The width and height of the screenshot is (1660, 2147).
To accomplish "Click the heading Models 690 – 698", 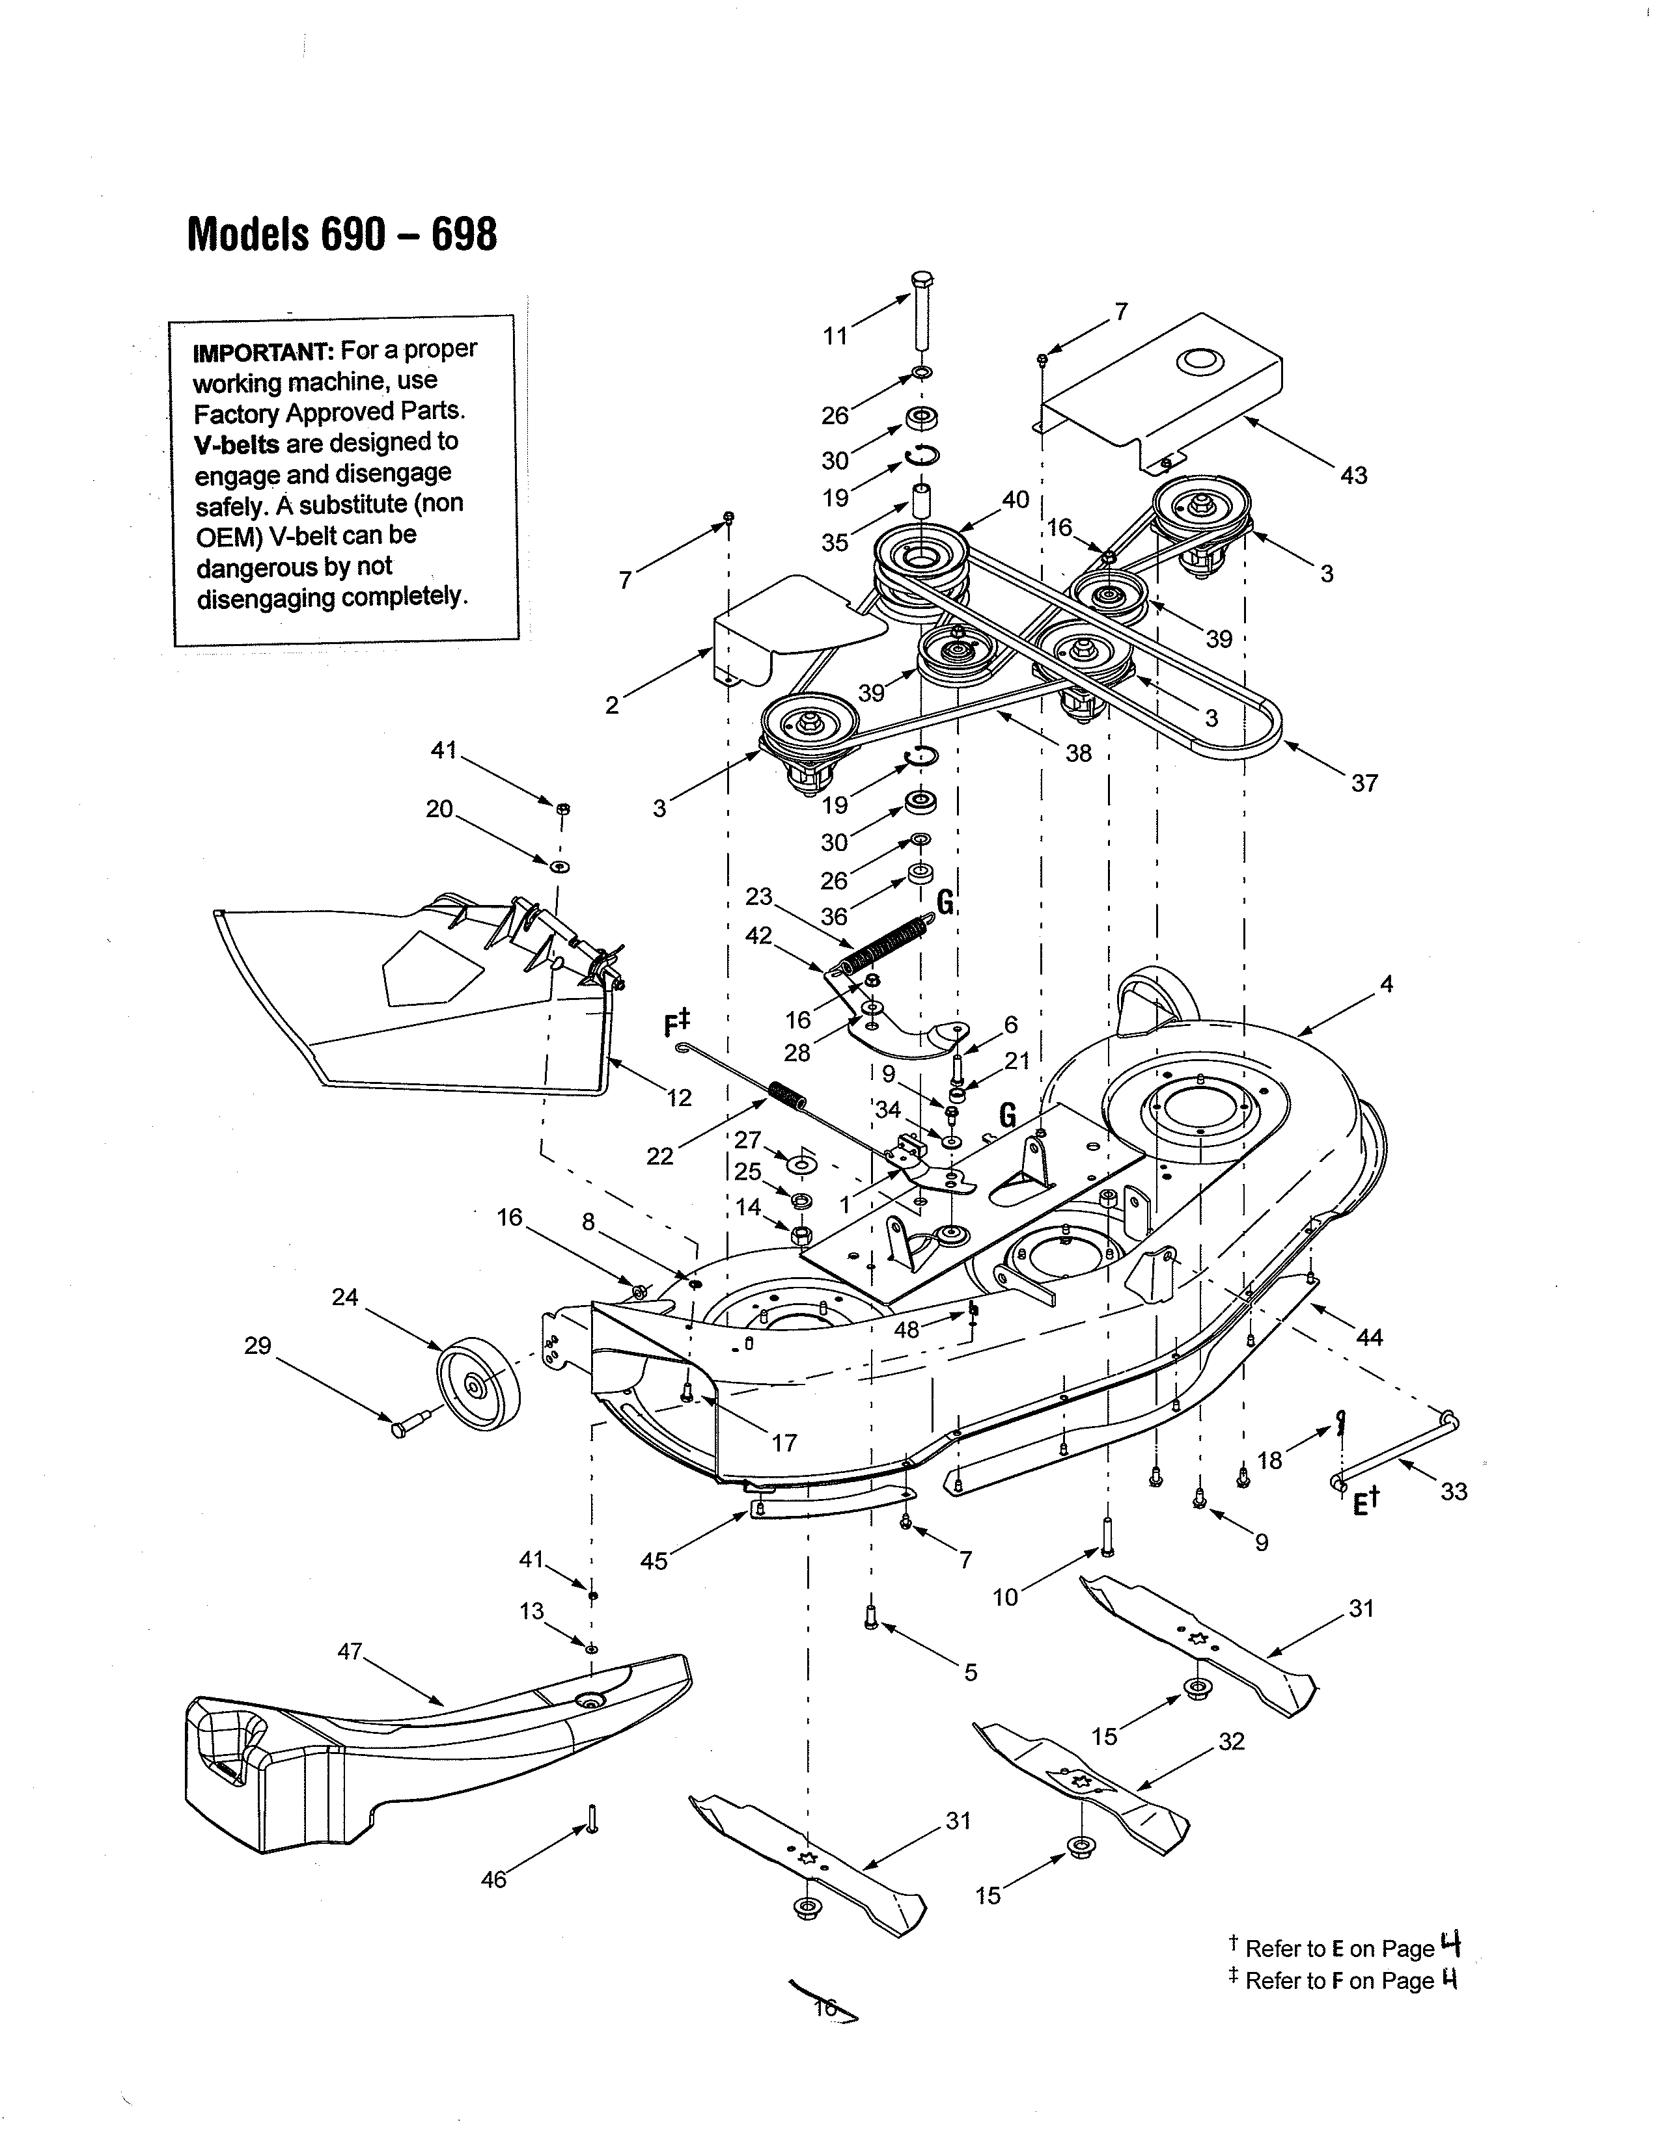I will click(342, 235).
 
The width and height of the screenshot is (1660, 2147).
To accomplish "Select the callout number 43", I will click(1353, 476).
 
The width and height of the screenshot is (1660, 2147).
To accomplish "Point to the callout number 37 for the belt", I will click(1363, 783).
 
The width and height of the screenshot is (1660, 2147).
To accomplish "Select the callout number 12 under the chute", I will click(678, 1098).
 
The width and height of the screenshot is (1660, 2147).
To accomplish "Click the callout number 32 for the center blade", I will click(1231, 1742).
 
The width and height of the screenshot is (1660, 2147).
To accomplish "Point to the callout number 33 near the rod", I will click(1454, 1491).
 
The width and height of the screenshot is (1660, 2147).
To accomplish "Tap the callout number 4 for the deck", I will click(1387, 984).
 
